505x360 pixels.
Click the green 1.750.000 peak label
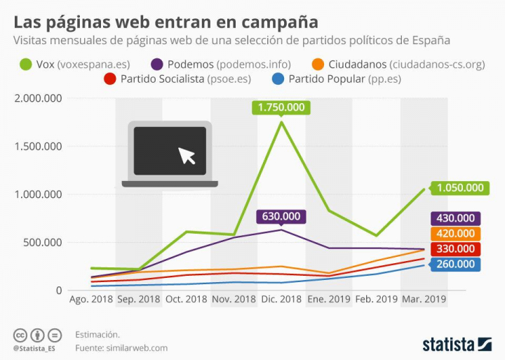pyautogui.click(x=281, y=107)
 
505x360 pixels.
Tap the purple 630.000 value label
pyautogui.click(x=281, y=217)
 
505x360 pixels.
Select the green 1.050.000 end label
pyautogui.click(x=460, y=187)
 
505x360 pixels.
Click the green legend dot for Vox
pyautogui.click(x=27, y=65)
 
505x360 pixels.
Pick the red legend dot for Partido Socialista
pyautogui.click(x=109, y=79)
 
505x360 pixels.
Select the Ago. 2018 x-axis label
pyautogui.click(x=90, y=299)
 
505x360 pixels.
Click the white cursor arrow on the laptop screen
pyautogui.click(x=187, y=155)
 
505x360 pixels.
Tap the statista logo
pyautogui.click(x=457, y=344)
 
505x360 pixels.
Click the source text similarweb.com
pyautogui.click(x=144, y=347)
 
